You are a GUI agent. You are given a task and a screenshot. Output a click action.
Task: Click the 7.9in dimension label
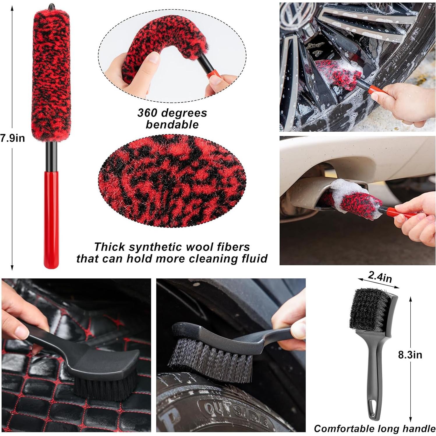tap(12, 138)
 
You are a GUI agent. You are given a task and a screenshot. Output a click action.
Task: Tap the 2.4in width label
tap(379, 277)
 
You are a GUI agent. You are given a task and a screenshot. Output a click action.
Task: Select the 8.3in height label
tap(410, 355)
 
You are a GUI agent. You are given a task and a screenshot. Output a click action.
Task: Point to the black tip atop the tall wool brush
tap(52, 6)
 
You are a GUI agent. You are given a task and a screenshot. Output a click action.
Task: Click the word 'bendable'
tap(172, 125)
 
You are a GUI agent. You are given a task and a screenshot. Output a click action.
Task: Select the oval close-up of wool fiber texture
tap(172, 180)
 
